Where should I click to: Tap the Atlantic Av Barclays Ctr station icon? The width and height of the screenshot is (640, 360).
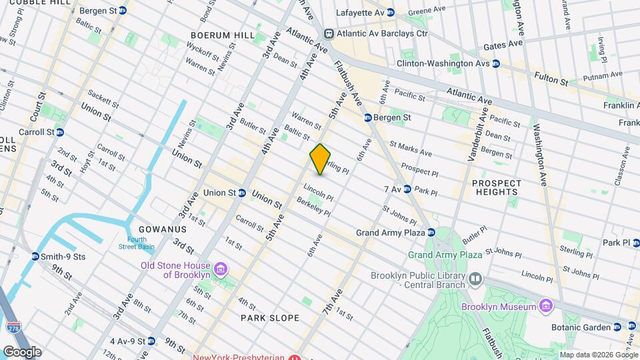tap(329, 34)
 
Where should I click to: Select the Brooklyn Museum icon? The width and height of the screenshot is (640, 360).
tap(546, 306)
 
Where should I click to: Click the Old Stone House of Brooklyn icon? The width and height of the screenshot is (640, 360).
tap(221, 270)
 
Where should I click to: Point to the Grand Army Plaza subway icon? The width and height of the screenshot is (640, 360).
tap(431, 233)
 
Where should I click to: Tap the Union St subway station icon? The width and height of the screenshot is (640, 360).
tap(242, 193)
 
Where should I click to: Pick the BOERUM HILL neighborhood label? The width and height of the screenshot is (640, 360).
tap(221, 35)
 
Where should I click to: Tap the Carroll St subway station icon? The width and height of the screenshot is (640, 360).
tap(60, 132)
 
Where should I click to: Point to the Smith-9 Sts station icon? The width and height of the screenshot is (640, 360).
tap(35, 256)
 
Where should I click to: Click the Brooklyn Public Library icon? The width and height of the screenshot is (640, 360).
tap(475, 278)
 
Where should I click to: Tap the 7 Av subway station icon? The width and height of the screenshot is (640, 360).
tap(407, 189)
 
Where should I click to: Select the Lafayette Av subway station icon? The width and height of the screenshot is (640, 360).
tap(391, 12)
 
